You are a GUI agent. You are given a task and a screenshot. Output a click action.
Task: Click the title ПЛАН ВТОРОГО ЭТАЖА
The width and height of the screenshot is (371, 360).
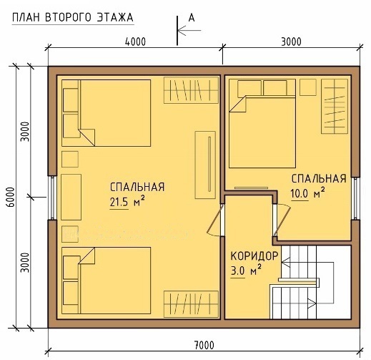[x=73, y=18]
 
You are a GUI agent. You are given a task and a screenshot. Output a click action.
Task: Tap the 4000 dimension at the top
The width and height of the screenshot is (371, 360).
[x=135, y=42]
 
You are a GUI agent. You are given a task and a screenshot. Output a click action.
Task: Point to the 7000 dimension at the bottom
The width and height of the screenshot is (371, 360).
[x=204, y=345]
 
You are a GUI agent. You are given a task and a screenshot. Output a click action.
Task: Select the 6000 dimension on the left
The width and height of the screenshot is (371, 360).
[x=11, y=197]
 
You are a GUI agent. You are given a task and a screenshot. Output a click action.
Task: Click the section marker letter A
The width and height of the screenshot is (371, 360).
[x=192, y=18]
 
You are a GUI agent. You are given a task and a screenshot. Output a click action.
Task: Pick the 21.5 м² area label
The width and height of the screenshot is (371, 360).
[x=127, y=203]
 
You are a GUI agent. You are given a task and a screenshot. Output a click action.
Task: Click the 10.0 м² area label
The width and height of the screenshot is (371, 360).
[x=307, y=194]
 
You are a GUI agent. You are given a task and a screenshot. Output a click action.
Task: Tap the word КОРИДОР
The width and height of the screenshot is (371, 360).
[x=254, y=256]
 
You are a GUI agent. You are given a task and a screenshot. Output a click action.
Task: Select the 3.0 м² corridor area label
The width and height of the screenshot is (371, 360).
[x=246, y=271]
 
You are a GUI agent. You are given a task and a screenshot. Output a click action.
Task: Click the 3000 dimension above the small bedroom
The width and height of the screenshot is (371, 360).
[x=291, y=42]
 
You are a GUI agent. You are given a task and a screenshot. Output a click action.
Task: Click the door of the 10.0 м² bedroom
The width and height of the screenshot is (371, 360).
[x=282, y=220]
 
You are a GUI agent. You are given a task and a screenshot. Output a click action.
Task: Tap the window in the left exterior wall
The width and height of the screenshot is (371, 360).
[x=53, y=198]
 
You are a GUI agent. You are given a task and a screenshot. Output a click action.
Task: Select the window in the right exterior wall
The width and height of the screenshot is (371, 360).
[x=355, y=198]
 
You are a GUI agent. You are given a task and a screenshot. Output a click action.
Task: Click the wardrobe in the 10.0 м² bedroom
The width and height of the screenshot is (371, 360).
[x=335, y=106]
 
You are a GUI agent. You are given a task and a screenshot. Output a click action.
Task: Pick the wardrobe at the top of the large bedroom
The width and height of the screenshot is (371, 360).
[x=191, y=90]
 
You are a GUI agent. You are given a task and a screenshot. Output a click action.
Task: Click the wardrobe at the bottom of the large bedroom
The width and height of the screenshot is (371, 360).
[x=191, y=304]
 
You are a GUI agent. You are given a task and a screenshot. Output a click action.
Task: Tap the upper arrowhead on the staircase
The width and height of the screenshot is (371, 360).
[x=285, y=262]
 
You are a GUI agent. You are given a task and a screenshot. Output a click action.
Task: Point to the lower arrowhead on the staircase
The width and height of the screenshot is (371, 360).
[x=312, y=303]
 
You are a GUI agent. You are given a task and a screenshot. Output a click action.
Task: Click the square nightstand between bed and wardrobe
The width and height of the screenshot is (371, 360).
[x=308, y=87]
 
